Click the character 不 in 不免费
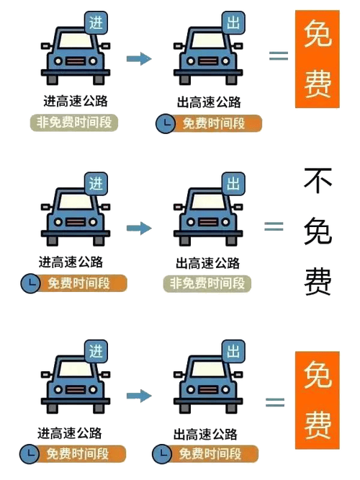(x=318, y=181)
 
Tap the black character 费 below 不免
(x=318, y=281)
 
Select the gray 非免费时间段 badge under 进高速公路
(x=73, y=123)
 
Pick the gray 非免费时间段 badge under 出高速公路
(x=207, y=283)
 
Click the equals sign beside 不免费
(x=274, y=226)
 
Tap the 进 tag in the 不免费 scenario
(x=96, y=184)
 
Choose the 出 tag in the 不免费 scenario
(x=233, y=184)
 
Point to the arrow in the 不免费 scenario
(x=139, y=228)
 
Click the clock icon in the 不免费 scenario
(x=30, y=283)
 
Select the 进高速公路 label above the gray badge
(x=76, y=102)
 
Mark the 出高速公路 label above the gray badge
(x=207, y=263)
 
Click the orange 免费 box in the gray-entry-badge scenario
(x=318, y=59)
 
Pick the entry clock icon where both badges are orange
(x=30, y=453)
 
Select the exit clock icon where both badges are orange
(x=162, y=453)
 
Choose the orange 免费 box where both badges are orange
(x=318, y=400)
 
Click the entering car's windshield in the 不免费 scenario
(x=76, y=201)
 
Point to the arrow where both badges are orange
(x=139, y=396)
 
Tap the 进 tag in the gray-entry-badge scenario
(x=96, y=23)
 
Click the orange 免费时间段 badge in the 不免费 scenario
(x=78, y=283)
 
